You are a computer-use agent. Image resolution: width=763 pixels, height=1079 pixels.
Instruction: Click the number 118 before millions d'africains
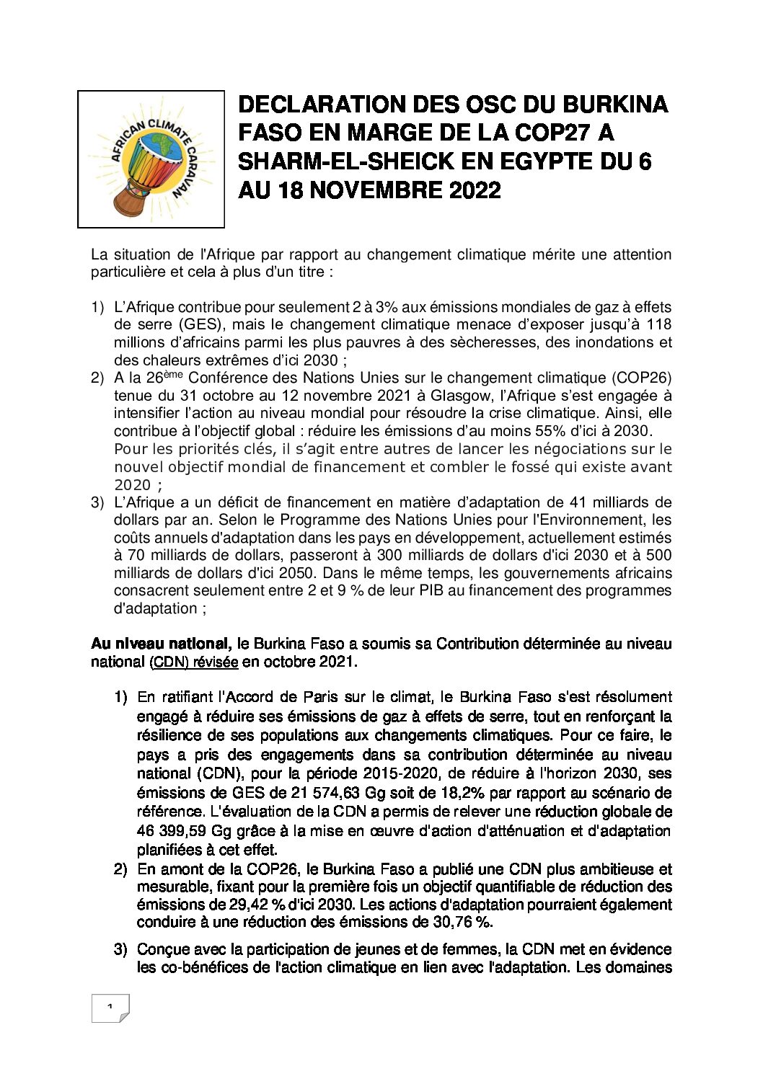(659, 324)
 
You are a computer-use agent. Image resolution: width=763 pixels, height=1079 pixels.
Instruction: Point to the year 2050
(297, 573)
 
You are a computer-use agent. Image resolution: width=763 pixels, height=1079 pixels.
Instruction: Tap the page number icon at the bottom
(110, 1008)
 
